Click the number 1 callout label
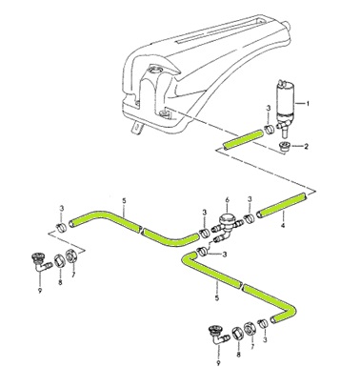point(308,103)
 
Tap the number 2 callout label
point(306,147)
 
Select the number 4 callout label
point(283,226)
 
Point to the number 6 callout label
point(228,200)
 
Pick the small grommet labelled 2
point(283,148)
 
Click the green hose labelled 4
point(282,206)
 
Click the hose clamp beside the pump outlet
point(270,130)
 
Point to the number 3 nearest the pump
point(269,109)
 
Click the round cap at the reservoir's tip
point(287,25)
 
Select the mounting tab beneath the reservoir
point(137,128)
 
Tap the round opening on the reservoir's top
point(156,69)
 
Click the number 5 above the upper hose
point(124,201)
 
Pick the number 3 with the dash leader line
point(225,255)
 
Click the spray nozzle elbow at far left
point(42,261)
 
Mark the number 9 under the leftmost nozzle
point(40,291)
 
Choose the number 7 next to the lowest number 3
point(252,346)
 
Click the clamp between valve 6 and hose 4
point(250,219)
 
